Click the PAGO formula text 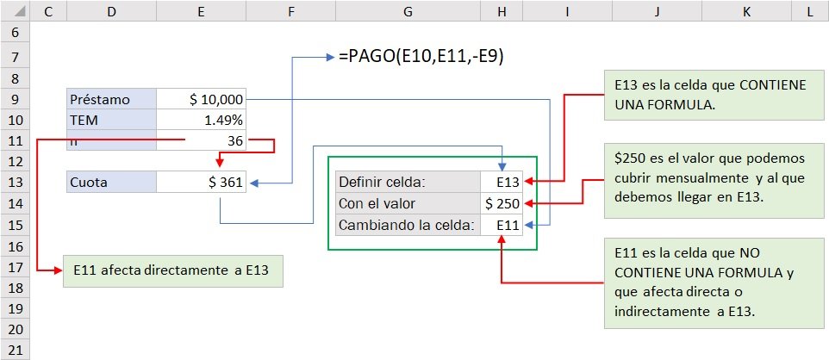[421, 57]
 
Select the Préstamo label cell [112, 99]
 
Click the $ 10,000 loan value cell [202, 99]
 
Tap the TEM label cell [112, 120]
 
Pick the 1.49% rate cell [202, 120]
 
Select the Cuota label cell [112, 182]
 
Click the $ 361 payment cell [202, 182]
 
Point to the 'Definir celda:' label [408, 182]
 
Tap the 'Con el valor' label [408, 203]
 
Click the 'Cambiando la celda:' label [408, 225]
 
